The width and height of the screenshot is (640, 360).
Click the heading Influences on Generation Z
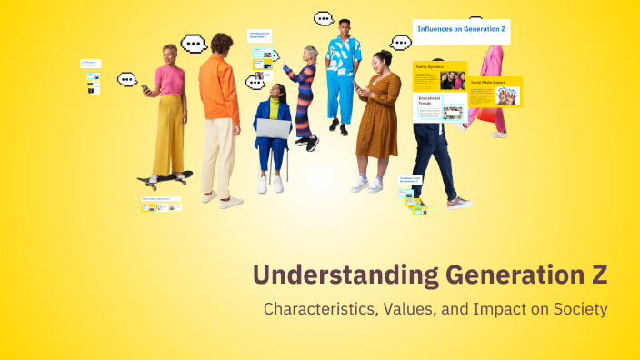pyautogui.click(x=461, y=30)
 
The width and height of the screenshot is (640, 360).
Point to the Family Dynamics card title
pyautogui.click(x=429, y=66)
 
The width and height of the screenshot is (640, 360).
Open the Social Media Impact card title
pyautogui.click(x=488, y=81)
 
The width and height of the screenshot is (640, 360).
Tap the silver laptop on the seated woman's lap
pyautogui.click(x=273, y=128)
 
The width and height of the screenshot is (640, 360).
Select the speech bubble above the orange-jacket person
pyautogui.click(x=194, y=44)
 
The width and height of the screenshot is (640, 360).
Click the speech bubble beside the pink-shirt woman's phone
pyautogui.click(x=127, y=79)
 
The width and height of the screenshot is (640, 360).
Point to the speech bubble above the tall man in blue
pyautogui.click(x=324, y=18)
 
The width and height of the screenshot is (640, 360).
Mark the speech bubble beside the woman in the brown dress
pyautogui.click(x=400, y=42)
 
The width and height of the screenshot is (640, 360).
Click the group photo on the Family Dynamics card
pyautogui.click(x=453, y=80)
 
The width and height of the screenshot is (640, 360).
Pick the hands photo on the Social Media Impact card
pyautogui.click(x=507, y=95)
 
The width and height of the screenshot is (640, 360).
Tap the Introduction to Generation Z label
pyautogui.click(x=260, y=35)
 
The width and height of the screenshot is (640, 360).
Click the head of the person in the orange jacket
pyautogui.click(x=221, y=43)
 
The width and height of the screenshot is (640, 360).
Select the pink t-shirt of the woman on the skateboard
pyautogui.click(x=168, y=80)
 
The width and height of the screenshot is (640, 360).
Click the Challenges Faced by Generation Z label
pyautogui.click(x=409, y=179)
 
